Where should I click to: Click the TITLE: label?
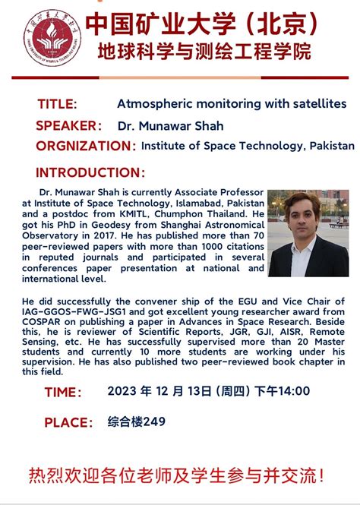click(57, 104)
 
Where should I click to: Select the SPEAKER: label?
click(68, 125)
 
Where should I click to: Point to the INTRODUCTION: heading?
click(90, 173)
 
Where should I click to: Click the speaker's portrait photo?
click(308, 233)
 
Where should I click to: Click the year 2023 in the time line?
click(122, 391)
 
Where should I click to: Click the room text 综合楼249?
click(137, 421)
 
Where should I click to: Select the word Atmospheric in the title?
click(152, 103)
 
